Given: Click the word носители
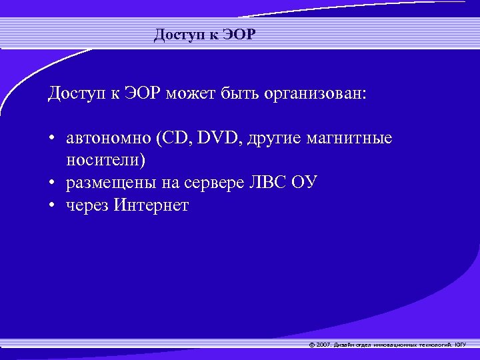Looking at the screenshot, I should pyautogui.click(x=105, y=161).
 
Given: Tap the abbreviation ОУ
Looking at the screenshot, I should pyautogui.click(x=306, y=183).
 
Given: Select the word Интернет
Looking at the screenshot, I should pyautogui.click(x=151, y=205).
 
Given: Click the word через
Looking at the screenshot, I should pyautogui.click(x=87, y=206).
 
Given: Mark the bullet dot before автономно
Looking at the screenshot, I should pyautogui.click(x=51, y=139).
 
